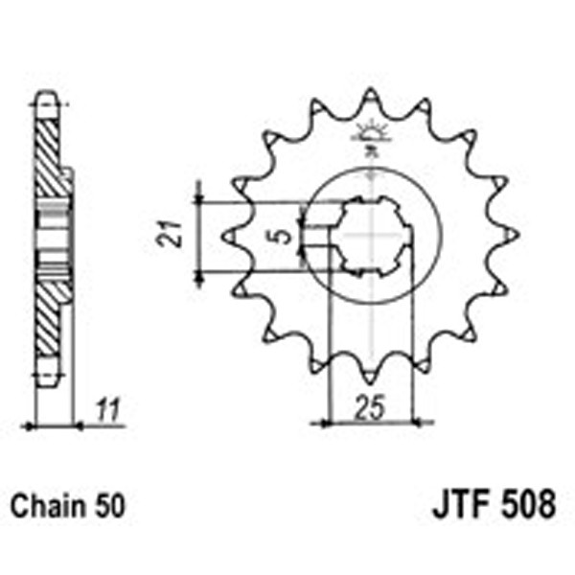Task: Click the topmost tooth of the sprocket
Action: (x=369, y=96)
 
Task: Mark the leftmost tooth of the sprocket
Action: (x=229, y=234)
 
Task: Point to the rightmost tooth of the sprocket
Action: (x=510, y=234)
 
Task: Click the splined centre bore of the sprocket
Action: (x=369, y=235)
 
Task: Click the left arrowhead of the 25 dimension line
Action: (x=332, y=420)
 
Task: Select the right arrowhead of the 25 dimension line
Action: (x=410, y=420)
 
